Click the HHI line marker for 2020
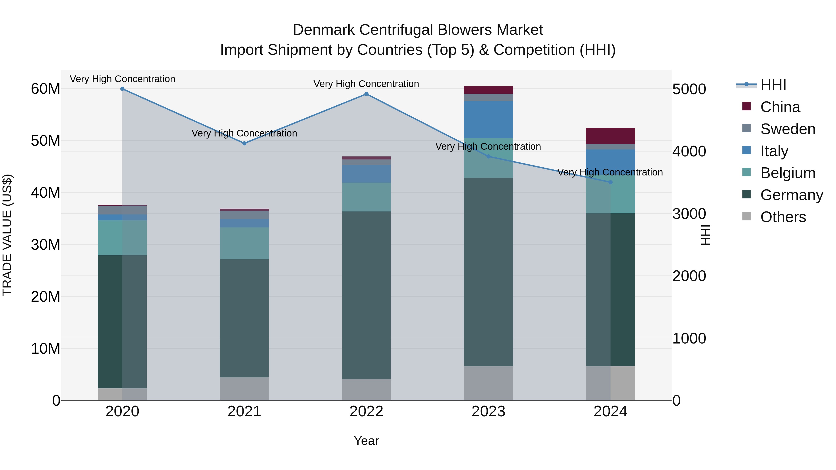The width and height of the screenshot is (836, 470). pyautogui.click(x=122, y=89)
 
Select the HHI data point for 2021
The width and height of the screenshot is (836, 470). pyautogui.click(x=244, y=143)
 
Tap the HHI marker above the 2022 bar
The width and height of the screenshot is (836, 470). pyautogui.click(x=366, y=94)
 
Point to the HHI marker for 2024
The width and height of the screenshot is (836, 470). pyautogui.click(x=611, y=182)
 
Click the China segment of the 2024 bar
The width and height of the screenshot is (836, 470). pyautogui.click(x=611, y=136)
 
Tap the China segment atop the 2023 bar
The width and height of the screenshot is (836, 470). pyautogui.click(x=488, y=90)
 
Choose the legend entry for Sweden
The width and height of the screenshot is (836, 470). pyautogui.click(x=788, y=129)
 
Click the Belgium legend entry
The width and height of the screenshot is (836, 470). pyautogui.click(x=788, y=173)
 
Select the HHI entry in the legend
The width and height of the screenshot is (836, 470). pyautogui.click(x=773, y=85)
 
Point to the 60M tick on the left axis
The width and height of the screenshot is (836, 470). pyautogui.click(x=46, y=89)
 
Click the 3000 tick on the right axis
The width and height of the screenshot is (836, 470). pyautogui.click(x=689, y=214)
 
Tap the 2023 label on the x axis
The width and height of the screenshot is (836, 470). pyautogui.click(x=488, y=412)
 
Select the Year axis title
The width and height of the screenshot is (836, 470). pyautogui.click(x=366, y=441)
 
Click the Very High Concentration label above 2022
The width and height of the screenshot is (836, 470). pyautogui.click(x=366, y=84)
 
